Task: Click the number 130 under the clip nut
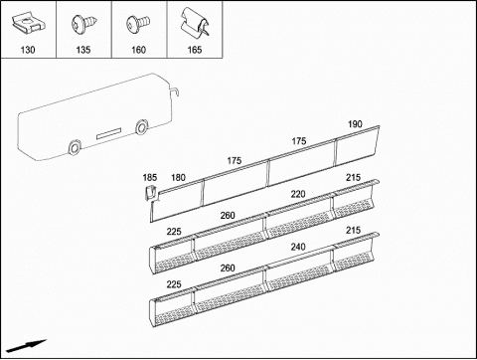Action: pyautogui.click(x=28, y=50)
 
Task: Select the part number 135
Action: pyautogui.click(x=83, y=50)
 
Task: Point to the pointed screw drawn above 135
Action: pyautogui.click(x=84, y=24)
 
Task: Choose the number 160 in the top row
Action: pyautogui.click(x=138, y=50)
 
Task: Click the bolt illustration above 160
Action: pyautogui.click(x=138, y=24)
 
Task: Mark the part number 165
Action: pyautogui.click(x=195, y=50)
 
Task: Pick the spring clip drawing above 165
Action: pyautogui.click(x=195, y=22)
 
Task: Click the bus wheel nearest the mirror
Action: pyautogui.click(x=142, y=127)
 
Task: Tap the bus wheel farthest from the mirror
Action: pyautogui.click(x=75, y=147)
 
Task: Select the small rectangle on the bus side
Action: pyautogui.click(x=108, y=133)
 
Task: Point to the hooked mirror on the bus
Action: pyautogui.click(x=174, y=91)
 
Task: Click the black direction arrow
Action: pyautogui.click(x=26, y=346)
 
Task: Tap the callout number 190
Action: pyautogui.click(x=355, y=124)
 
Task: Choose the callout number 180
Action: pyautogui.click(x=178, y=178)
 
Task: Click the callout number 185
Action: pyautogui.click(x=150, y=178)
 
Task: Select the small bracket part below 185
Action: pyautogui.click(x=151, y=192)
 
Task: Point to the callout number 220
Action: pyautogui.click(x=298, y=194)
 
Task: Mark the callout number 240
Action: pyautogui.click(x=298, y=247)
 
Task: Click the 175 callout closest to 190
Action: pyautogui.click(x=299, y=141)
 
